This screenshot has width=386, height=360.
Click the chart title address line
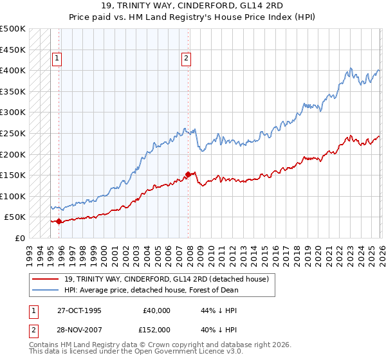tap(193, 6)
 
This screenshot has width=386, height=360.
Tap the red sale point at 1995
tap(59, 221)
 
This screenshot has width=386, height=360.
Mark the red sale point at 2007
tap(188, 174)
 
